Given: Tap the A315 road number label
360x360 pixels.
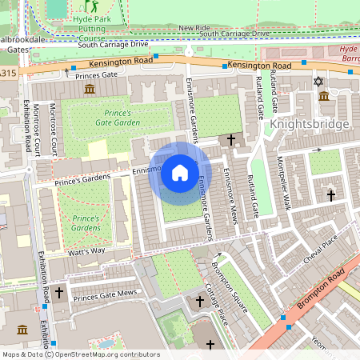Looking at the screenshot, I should pyautogui.click(x=7, y=74).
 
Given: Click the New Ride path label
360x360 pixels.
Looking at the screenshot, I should pyautogui.click(x=194, y=28).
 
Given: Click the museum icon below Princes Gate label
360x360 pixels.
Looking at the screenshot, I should pyautogui.click(x=88, y=88).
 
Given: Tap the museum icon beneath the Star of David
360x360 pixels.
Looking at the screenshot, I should pyautogui.click(x=324, y=96).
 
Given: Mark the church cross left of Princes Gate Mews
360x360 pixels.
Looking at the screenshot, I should pyautogui.click(x=58, y=294).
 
